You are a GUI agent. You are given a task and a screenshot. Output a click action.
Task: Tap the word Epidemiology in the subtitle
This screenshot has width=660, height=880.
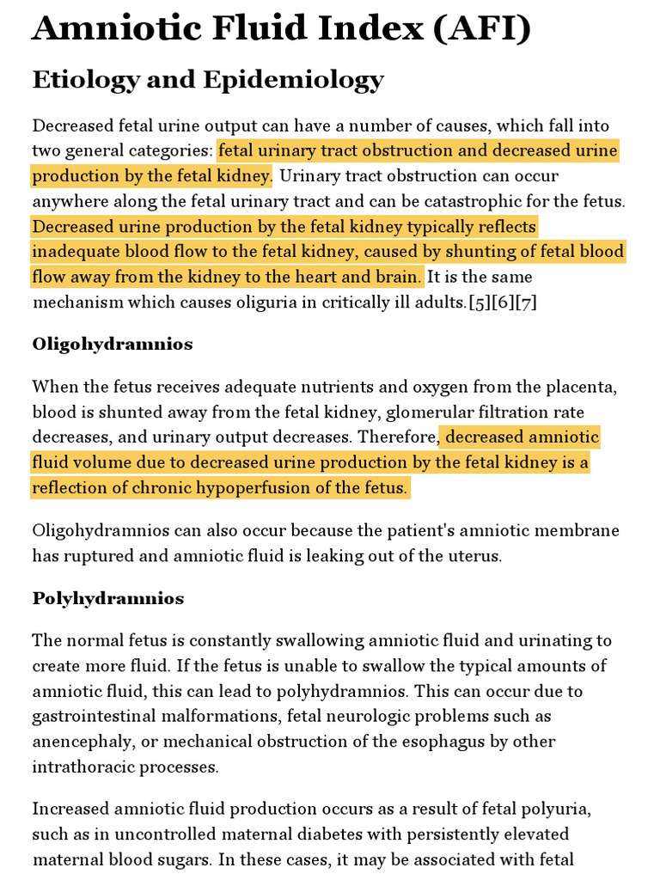point(293,80)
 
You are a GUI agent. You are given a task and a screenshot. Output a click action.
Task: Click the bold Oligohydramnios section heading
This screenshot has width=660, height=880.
point(113,344)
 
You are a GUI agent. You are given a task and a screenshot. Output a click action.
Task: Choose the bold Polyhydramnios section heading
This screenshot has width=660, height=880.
point(108,598)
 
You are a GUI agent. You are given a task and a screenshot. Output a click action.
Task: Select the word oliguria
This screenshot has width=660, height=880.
point(242,302)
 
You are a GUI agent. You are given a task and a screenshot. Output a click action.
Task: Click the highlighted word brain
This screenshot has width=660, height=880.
point(400,277)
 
